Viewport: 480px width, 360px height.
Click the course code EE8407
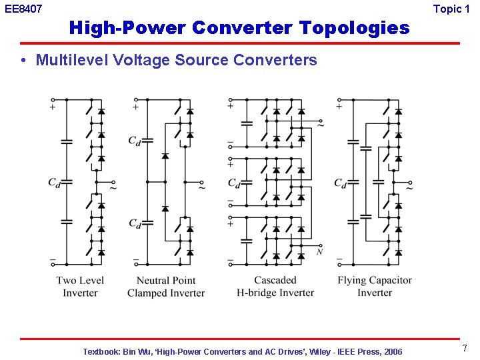[x=23, y=9]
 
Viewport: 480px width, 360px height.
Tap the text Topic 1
[x=456, y=9]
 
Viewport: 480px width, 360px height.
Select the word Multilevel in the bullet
[x=68, y=60]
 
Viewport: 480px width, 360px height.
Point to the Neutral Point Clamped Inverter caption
[x=166, y=286]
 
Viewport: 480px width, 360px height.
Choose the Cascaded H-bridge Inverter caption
[x=275, y=286]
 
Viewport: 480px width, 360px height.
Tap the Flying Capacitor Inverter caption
[x=374, y=286]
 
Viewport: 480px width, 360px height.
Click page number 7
[x=465, y=348]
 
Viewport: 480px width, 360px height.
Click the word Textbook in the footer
[x=102, y=351]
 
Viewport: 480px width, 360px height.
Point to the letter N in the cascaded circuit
[x=320, y=251]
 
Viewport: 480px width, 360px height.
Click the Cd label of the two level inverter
[x=54, y=183]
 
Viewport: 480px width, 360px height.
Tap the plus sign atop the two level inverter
[x=53, y=107]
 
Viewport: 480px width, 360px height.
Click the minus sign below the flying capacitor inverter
[x=339, y=259]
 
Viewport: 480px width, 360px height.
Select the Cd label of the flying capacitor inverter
[x=340, y=183]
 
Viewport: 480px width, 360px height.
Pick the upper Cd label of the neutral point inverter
[x=135, y=141]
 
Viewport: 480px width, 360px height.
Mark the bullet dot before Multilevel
[x=23, y=61]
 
